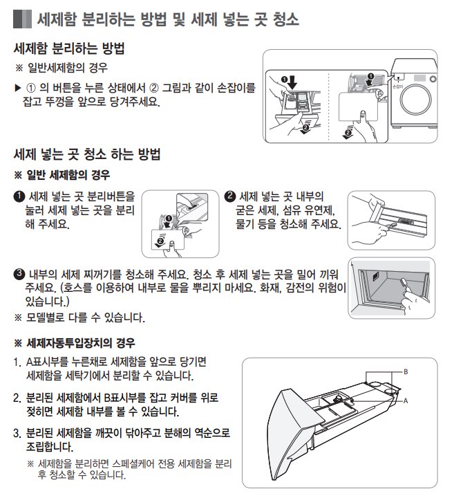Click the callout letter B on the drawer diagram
point(406,371)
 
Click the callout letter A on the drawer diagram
point(406,400)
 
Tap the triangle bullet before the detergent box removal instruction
point(18,89)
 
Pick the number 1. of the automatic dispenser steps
point(17,362)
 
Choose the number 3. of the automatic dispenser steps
point(17,432)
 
